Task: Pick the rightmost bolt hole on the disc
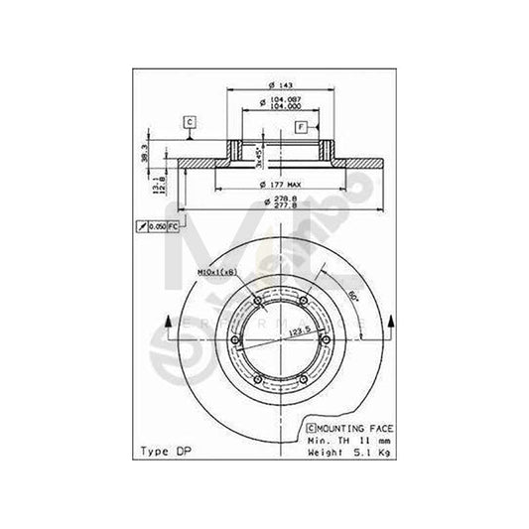pyautogui.click(x=327, y=342)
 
